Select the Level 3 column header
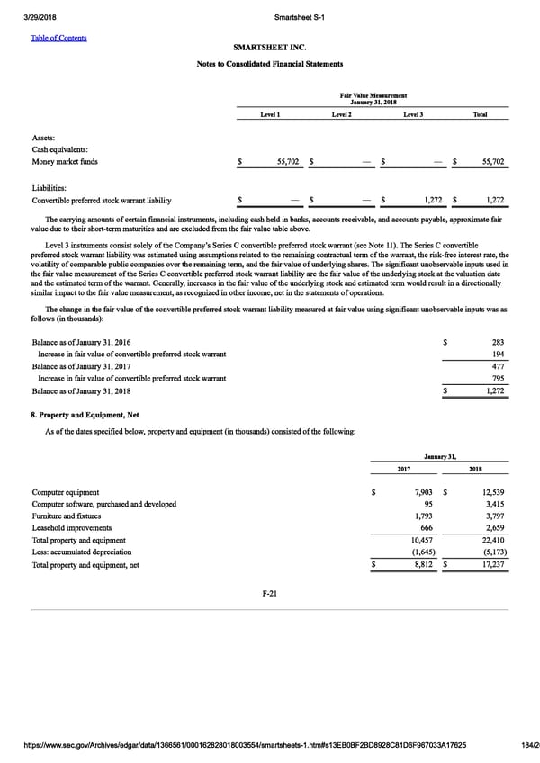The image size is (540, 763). point(413,115)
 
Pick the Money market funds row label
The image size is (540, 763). point(66,163)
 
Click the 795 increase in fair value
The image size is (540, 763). point(498,380)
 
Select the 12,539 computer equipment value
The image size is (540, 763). point(492,493)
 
